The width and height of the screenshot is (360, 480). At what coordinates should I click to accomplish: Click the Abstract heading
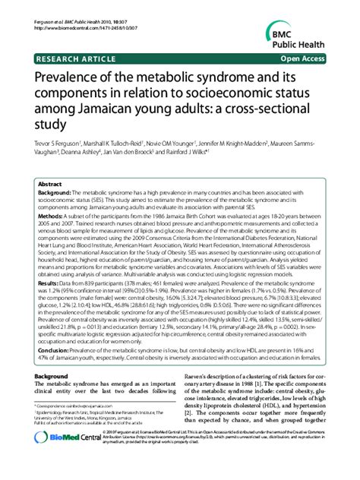pyautogui.click(x=50, y=184)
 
